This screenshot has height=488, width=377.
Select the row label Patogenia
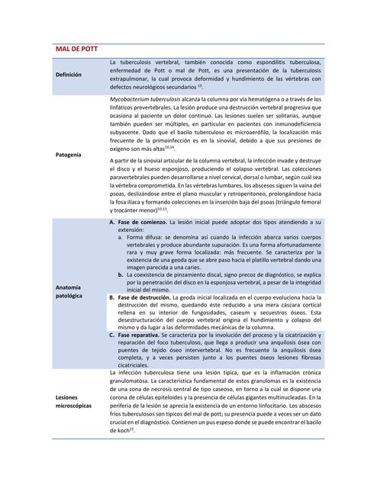[x=69, y=155]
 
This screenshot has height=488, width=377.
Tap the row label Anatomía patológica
[x=71, y=291]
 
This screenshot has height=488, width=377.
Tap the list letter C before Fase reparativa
[x=112, y=334]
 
